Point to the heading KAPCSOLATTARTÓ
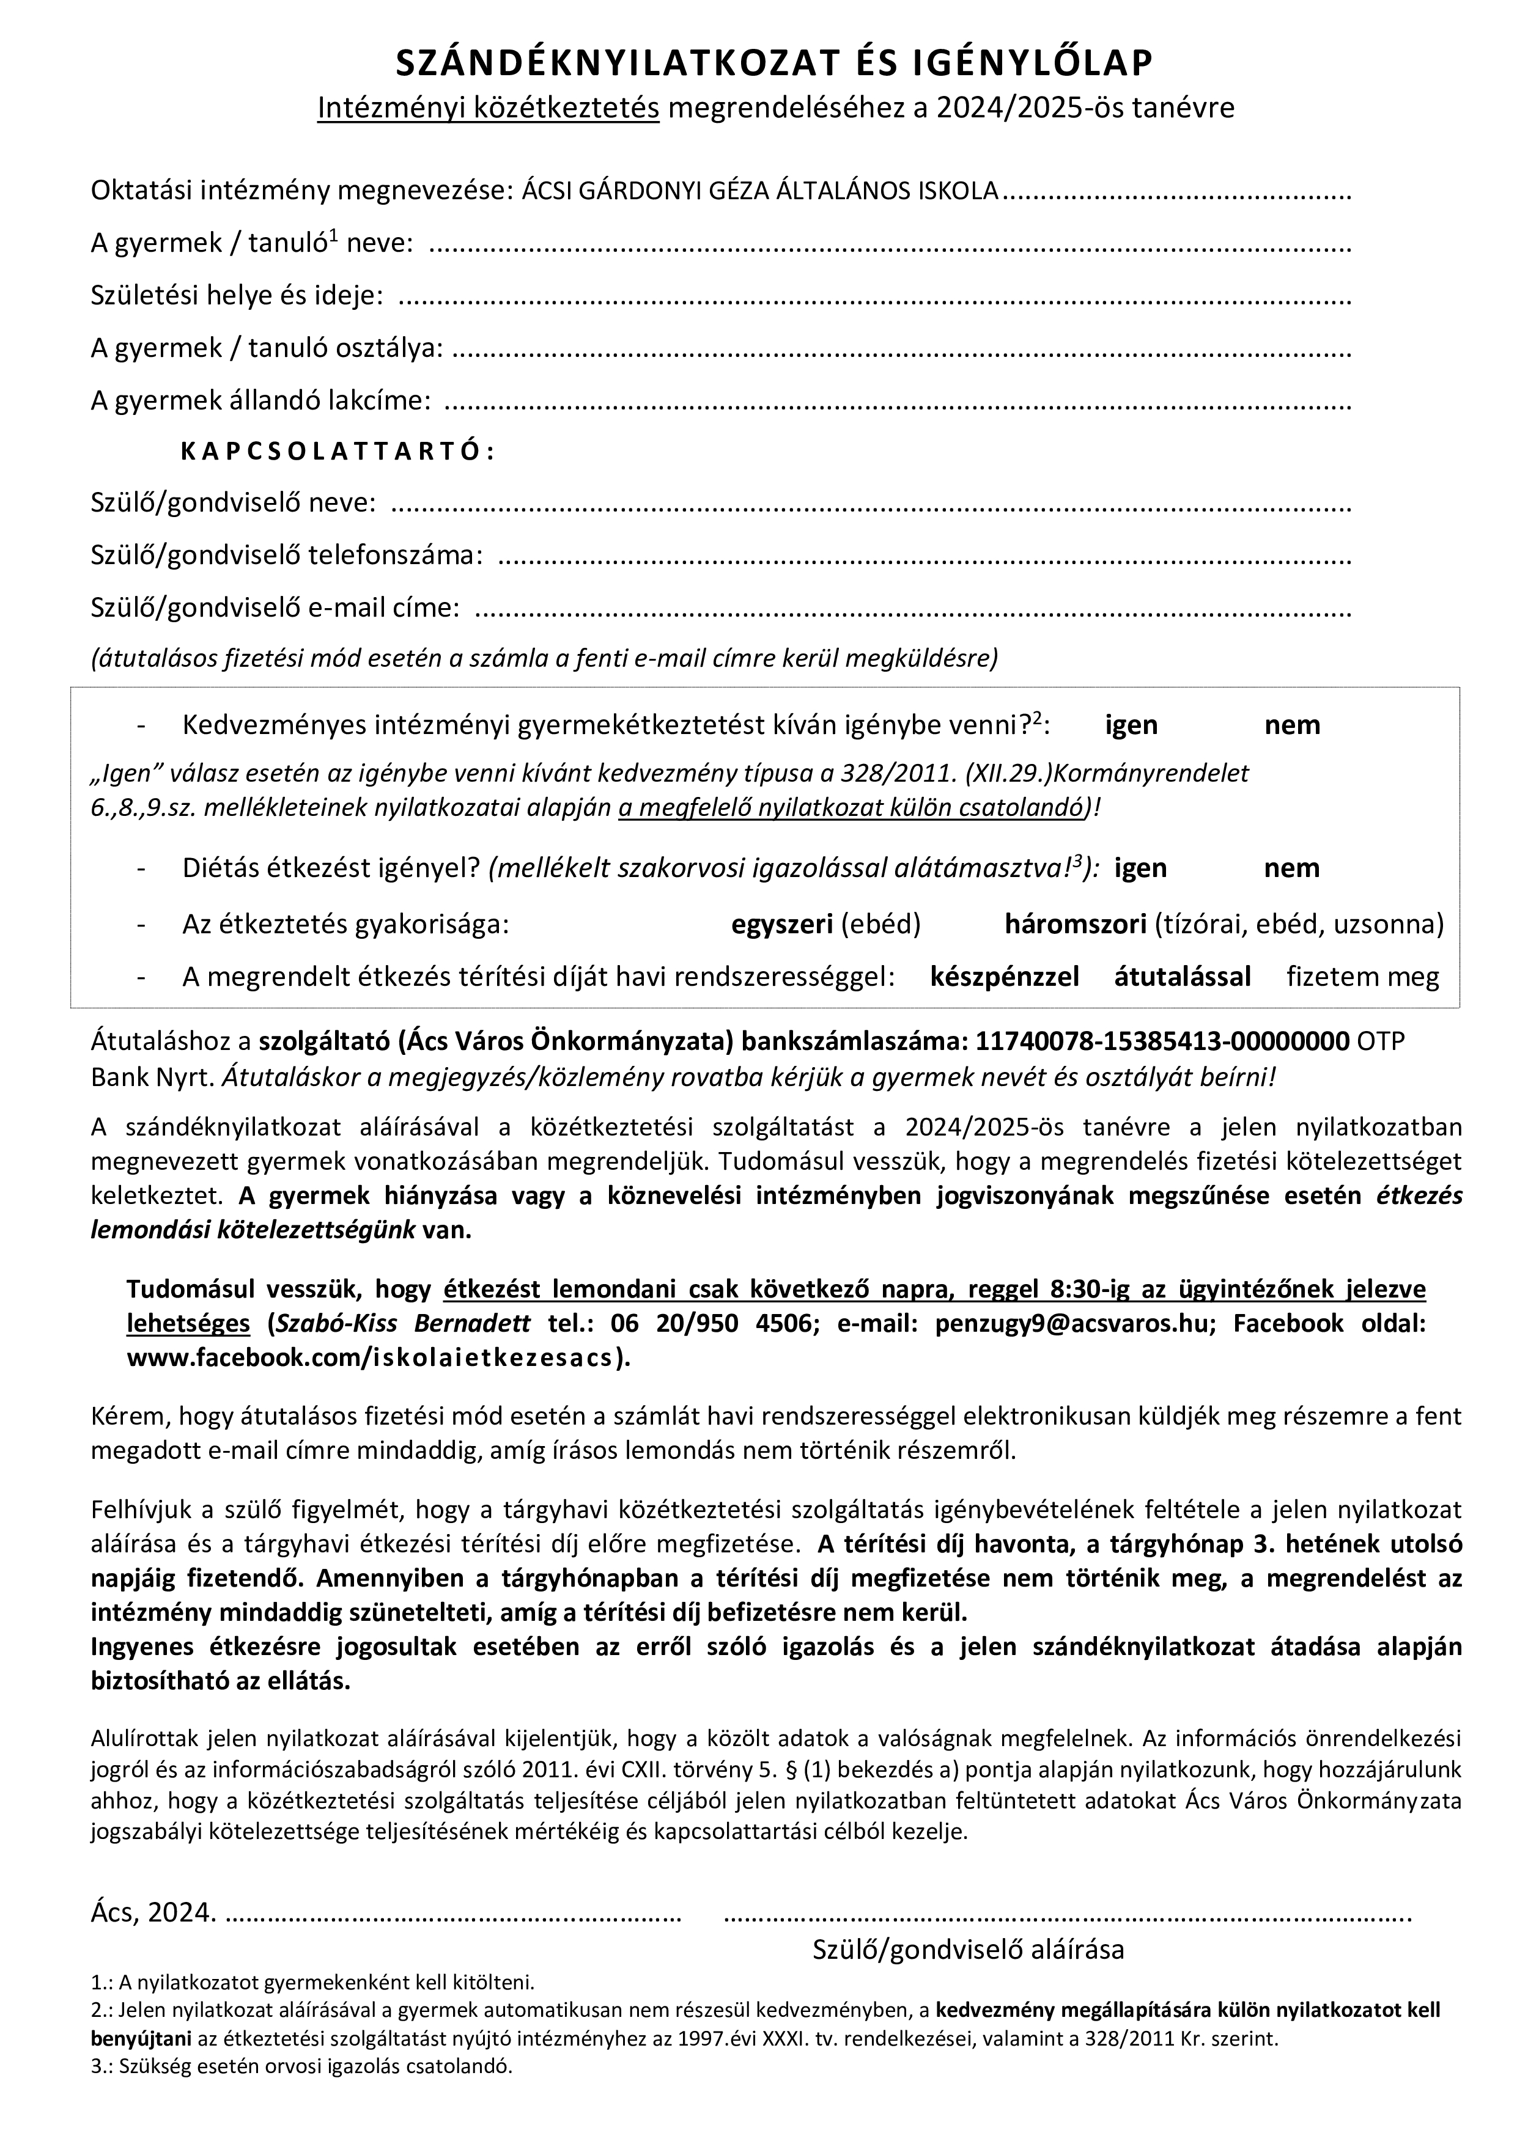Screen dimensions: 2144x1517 tap(336, 451)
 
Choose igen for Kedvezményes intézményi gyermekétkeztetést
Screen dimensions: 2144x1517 tap(1131, 725)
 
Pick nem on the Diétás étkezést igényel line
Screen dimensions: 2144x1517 tap(1292, 868)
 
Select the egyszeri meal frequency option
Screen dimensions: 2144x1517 tap(782, 925)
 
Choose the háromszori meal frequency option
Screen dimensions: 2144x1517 tap(1075, 925)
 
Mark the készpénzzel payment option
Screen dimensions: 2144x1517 tap(1004, 977)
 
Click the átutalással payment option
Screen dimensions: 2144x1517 tap(1182, 977)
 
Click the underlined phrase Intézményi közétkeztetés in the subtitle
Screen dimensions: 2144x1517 tap(489, 108)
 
